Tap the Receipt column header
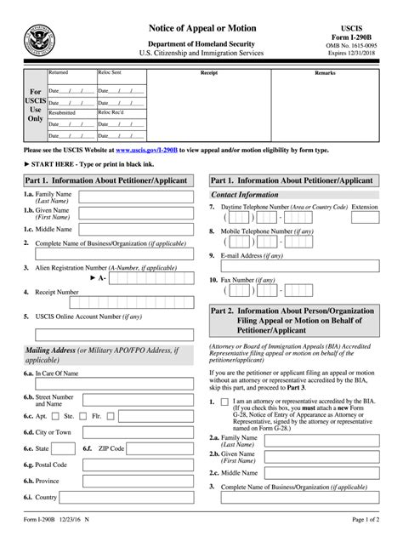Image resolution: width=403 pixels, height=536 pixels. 208,74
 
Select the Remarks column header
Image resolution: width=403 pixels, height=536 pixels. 325,74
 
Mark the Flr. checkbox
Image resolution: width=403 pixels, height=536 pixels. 112,417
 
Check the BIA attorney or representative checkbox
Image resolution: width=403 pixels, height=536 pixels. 224,401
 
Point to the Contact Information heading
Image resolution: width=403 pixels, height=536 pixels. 245,195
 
